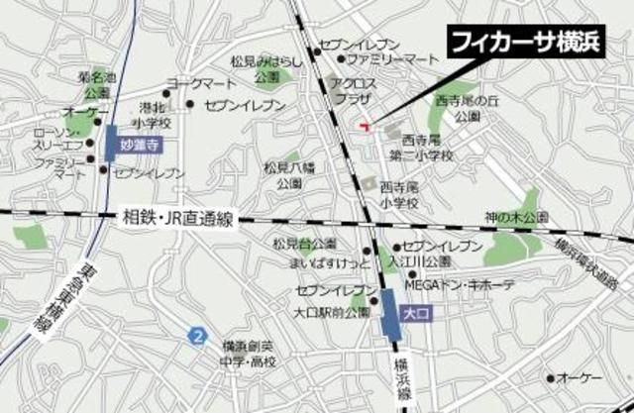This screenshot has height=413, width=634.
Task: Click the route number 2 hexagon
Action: [x=199, y=337]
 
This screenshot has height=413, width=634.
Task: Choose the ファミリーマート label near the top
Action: [x=367, y=60]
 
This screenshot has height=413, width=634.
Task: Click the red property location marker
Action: [x=365, y=125]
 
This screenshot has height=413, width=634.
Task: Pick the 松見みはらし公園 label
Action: [x=265, y=68]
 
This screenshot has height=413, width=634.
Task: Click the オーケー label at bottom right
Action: [x=580, y=377]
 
